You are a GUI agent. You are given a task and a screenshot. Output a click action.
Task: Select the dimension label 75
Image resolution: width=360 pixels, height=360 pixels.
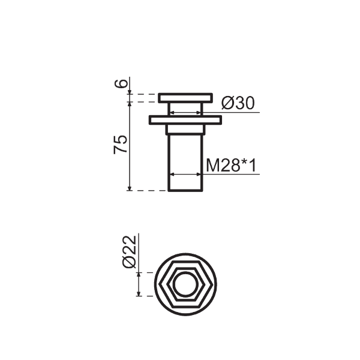point(120,145)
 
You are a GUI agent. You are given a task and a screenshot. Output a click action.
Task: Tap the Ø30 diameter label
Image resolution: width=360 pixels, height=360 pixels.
point(238,103)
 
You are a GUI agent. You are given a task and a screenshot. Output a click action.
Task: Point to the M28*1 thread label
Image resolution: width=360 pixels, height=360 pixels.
point(231,166)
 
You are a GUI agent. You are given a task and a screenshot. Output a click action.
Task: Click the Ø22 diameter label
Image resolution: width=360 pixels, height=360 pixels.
point(130,252)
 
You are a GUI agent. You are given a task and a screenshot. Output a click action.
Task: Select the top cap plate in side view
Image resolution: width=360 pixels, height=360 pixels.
point(185,98)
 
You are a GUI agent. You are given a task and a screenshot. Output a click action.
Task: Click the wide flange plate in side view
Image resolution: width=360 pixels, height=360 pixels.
point(185,121)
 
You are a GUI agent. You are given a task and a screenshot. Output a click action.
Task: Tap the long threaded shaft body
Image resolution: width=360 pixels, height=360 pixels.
point(185,163)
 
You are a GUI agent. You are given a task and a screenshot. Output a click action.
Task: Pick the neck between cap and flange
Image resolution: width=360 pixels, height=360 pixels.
point(185,109)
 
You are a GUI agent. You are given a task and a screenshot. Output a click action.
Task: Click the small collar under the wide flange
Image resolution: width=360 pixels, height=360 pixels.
point(185,130)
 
